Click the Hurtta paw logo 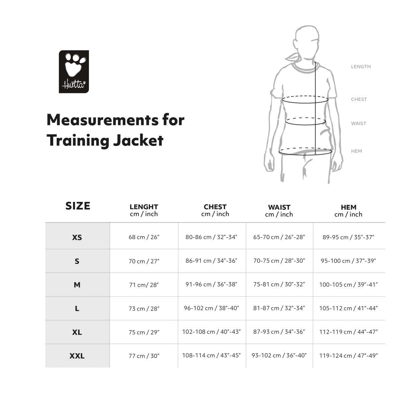74,72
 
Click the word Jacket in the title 138,141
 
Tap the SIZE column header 78,206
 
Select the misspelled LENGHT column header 144,207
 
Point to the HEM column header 349,207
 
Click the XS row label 77,237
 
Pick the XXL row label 77,356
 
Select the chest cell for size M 211,284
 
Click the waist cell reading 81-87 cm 279,308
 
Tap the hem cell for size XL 349,332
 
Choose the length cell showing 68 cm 144,237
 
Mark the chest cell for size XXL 211,356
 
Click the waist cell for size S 279,261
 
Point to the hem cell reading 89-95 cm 348,237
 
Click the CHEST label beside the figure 359,99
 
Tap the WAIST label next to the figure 359,123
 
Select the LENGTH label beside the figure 361,66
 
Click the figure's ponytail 293,58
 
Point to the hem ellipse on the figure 305,155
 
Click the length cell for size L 144,309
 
